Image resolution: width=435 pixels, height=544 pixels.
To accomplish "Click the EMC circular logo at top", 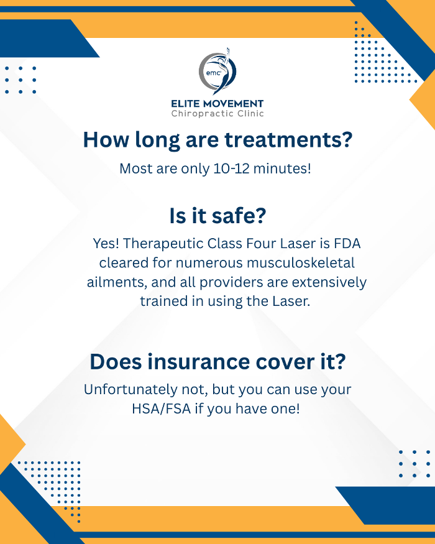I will point(217,71).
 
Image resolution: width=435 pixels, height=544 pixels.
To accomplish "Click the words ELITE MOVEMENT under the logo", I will point(217,104).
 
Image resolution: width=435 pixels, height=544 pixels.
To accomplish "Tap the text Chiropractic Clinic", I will point(217,114).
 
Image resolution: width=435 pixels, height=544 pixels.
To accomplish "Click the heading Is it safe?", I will point(217,216).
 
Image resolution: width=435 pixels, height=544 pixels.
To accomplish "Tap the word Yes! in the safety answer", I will point(106,243).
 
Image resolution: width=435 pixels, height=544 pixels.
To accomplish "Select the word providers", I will point(235,282).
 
